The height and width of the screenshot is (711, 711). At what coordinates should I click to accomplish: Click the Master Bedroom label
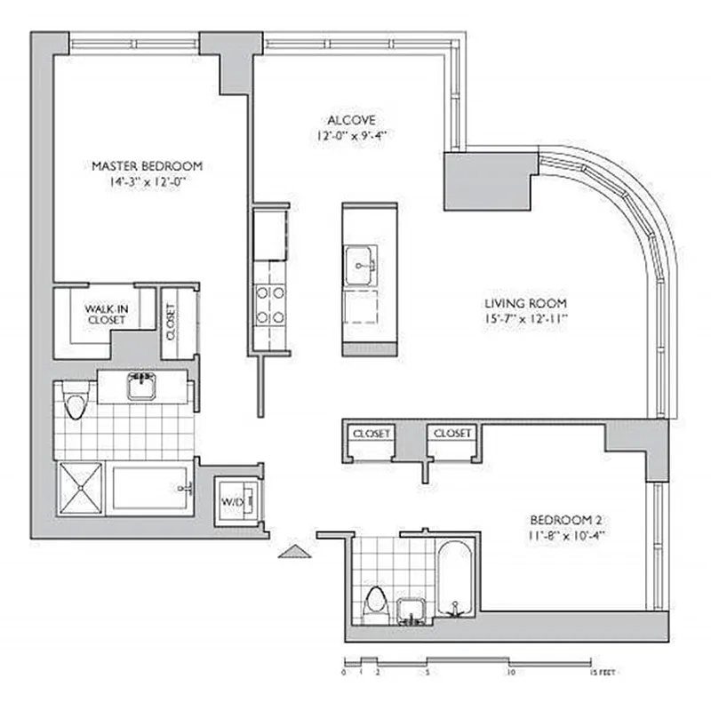coord(148,165)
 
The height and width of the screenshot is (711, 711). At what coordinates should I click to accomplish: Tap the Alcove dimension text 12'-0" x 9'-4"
coord(353,136)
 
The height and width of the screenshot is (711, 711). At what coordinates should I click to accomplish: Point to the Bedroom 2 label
coord(568,520)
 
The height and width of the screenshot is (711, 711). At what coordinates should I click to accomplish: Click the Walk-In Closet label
coord(106,315)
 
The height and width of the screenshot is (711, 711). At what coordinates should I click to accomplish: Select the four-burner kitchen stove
coord(270,304)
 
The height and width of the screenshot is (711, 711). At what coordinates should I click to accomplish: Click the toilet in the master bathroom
coord(75,404)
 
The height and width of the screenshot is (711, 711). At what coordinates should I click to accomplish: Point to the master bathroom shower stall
coord(81,488)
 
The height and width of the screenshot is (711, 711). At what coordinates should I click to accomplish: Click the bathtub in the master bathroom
coord(152,488)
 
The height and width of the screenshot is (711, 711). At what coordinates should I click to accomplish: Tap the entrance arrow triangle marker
coord(295,552)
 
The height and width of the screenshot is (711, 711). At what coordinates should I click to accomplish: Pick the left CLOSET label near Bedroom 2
coord(371,433)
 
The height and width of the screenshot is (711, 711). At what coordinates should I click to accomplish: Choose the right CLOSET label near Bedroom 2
coord(452,433)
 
